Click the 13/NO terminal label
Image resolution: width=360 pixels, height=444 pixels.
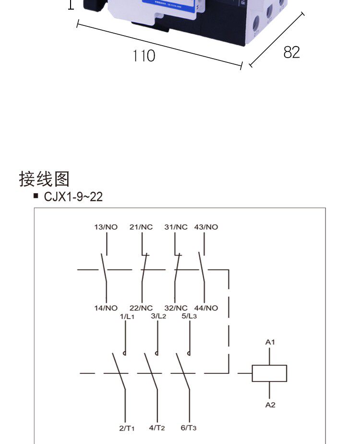pyautogui.click(x=106, y=227)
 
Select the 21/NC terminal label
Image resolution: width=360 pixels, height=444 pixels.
pyautogui.click(x=141, y=227)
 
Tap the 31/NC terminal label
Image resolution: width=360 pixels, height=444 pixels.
pyautogui.click(x=176, y=227)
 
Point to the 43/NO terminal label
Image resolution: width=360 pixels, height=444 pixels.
pyautogui.click(x=206, y=227)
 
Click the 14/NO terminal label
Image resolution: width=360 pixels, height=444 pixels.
pyautogui.click(x=106, y=308)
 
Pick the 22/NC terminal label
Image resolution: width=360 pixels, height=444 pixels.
pyautogui.click(x=141, y=308)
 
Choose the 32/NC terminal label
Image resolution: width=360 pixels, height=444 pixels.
pyautogui.click(x=176, y=308)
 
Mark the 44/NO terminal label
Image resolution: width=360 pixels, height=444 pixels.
pyautogui.click(x=206, y=308)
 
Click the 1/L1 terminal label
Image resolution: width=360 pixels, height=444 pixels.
pyautogui.click(x=127, y=316)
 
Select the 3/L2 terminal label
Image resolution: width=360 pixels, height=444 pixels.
pyautogui.click(x=158, y=316)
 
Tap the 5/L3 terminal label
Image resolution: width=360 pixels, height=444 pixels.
pyautogui.click(x=189, y=316)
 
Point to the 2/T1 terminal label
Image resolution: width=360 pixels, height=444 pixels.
pyautogui.click(x=127, y=428)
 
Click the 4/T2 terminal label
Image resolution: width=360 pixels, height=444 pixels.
pyautogui.click(x=157, y=428)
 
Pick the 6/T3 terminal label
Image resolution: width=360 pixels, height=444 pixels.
pyautogui.click(x=189, y=428)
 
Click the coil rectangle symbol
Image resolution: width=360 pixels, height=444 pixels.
pyautogui.click(x=269, y=373)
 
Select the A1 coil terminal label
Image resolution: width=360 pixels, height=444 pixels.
pyautogui.click(x=270, y=342)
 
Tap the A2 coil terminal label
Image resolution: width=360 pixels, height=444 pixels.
pyautogui.click(x=270, y=405)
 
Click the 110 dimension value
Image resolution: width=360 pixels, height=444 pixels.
pyautogui.click(x=144, y=56)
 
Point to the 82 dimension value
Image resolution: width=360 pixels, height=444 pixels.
pyautogui.click(x=291, y=52)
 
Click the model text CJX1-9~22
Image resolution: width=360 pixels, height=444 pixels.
pyautogui.click(x=73, y=197)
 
